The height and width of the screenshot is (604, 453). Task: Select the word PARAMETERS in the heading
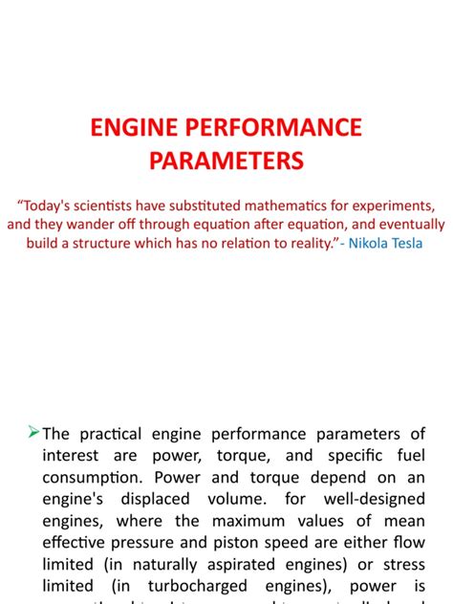tap(226, 159)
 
